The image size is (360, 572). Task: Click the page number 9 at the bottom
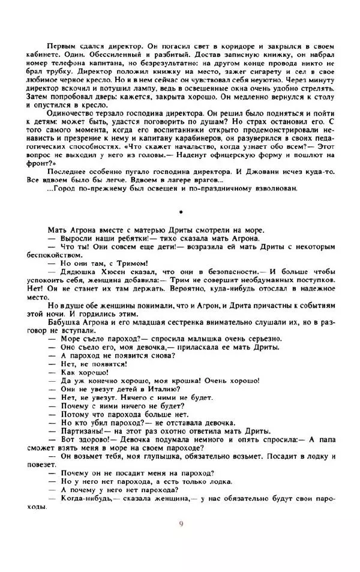click(181, 523)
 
